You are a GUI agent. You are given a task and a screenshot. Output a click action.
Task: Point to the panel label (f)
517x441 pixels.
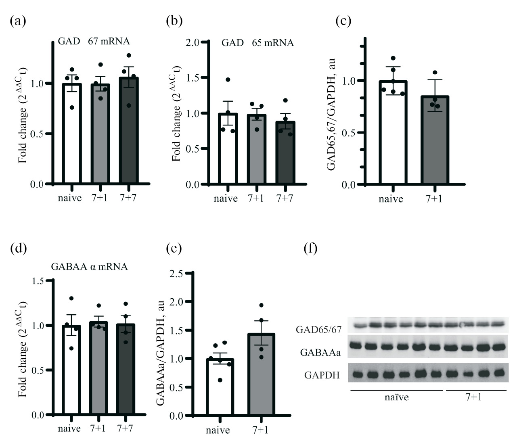[x=310, y=249]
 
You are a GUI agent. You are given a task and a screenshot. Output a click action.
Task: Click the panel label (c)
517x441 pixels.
[x=343, y=21]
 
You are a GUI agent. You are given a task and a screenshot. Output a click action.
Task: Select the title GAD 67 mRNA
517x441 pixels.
[x=94, y=41]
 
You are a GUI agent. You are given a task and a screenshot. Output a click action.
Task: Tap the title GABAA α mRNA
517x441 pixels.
[x=89, y=267]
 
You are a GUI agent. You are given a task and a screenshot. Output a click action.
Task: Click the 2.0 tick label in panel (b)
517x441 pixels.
[x=194, y=42]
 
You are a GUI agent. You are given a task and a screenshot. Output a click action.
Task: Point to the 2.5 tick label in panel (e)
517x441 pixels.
[x=176, y=274]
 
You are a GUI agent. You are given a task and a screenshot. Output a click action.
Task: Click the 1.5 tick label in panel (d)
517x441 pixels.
[x=38, y=281]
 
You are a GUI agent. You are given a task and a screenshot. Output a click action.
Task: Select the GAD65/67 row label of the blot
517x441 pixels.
[x=319, y=330]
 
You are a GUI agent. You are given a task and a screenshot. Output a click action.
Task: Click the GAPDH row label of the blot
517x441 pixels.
[x=322, y=376]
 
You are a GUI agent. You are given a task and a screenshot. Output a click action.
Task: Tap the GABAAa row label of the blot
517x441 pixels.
[x=320, y=353]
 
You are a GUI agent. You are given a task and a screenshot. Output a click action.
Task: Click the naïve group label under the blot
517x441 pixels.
[x=396, y=397]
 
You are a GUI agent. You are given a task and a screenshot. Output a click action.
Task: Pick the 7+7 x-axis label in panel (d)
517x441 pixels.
[x=125, y=428]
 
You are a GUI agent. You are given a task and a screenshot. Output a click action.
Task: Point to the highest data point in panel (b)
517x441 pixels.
[x=228, y=80]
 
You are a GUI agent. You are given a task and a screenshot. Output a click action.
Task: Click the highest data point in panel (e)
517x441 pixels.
[x=261, y=305]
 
